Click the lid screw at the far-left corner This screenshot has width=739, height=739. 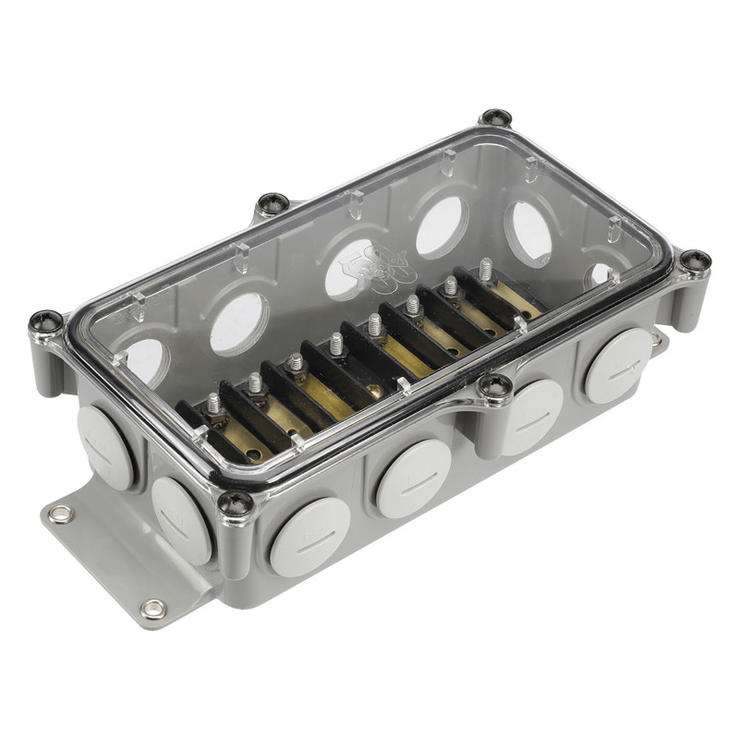point(45,321)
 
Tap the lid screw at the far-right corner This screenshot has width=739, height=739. point(695,261)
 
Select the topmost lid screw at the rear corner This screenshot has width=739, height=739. point(496,118)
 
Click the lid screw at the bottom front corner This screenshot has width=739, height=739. point(235,503)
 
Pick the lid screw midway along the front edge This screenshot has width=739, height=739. point(495,388)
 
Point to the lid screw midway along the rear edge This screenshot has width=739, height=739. point(273,203)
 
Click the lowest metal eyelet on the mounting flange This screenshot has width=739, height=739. point(152,609)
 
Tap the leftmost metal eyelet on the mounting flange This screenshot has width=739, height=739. point(61,514)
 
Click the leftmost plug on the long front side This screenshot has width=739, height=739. point(309,537)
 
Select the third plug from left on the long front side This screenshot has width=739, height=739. point(532,417)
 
